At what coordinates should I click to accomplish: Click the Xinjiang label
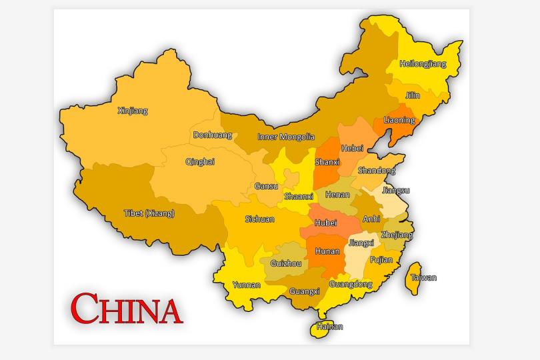tap(132, 111)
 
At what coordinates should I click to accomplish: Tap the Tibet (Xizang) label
tap(149, 213)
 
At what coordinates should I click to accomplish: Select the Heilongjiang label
tap(423, 64)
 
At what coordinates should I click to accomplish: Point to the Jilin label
tap(413, 95)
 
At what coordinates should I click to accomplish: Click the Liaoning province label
tap(399, 120)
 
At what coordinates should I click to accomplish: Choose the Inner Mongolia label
tap(286, 137)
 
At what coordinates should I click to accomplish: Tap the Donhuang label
tap(213, 135)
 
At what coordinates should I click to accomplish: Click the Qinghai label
tap(200, 161)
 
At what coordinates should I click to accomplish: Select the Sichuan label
tap(259, 219)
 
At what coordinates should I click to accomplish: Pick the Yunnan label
tap(246, 285)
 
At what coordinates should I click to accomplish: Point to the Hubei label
tap(326, 223)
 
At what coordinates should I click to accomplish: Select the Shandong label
tap(377, 171)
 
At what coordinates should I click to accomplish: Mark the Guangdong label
tap(351, 284)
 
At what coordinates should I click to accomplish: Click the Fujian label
tap(381, 259)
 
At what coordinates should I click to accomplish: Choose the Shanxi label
tap(327, 162)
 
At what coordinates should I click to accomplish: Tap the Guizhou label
tap(285, 263)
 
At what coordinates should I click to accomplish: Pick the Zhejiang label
tap(397, 235)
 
